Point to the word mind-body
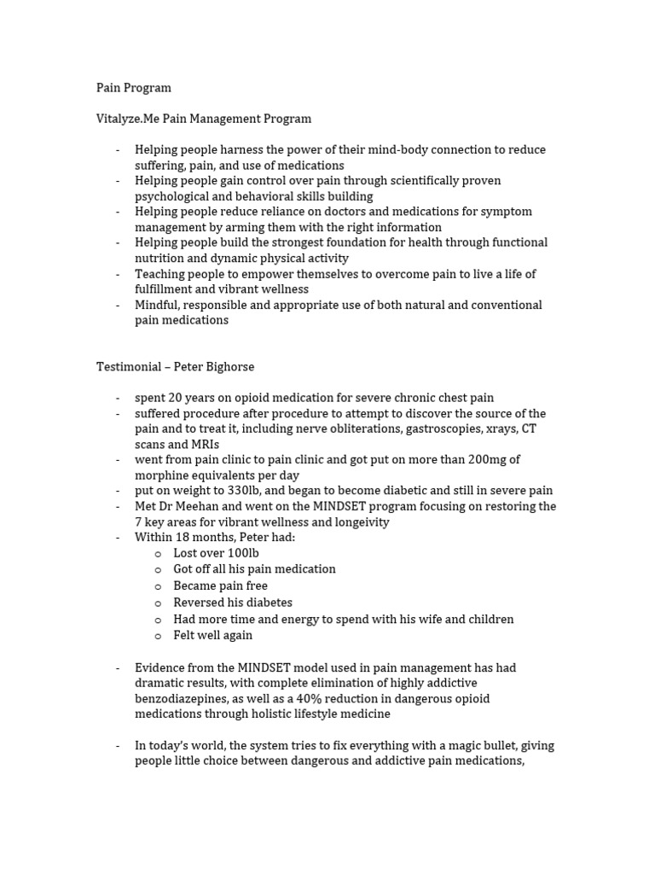(x=399, y=149)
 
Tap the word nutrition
(x=162, y=258)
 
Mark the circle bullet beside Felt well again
(x=158, y=636)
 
